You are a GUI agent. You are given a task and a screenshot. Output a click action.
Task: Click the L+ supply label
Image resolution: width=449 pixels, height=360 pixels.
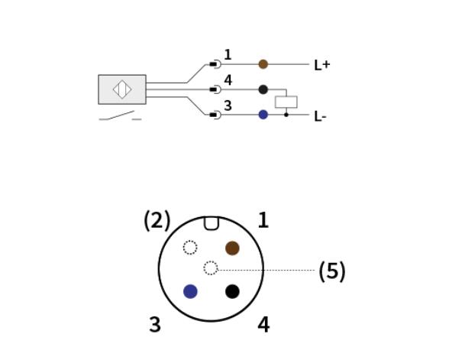coord(322,65)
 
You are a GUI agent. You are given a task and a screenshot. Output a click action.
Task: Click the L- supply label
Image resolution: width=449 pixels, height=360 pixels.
coord(320,117)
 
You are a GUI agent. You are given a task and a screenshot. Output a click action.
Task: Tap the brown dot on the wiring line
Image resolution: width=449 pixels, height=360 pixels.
coord(263,64)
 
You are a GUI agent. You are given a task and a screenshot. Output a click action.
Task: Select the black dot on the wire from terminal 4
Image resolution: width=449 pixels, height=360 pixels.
coord(263,89)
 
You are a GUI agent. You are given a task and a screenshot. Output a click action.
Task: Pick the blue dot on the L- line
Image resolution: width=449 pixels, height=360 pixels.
coord(263,115)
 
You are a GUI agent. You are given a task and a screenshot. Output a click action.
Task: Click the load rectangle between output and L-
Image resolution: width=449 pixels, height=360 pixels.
coord(286,102)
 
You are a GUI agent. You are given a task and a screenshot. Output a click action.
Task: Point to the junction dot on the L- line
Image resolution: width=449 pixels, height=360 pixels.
coord(286,115)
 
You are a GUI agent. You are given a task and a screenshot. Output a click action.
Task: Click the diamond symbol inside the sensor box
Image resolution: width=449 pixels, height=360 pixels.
coord(122,89)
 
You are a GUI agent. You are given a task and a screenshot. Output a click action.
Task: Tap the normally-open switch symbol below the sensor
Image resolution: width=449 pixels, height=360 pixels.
coord(121,116)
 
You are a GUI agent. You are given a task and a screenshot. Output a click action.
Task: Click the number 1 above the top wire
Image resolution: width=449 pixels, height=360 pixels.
coord(228,55)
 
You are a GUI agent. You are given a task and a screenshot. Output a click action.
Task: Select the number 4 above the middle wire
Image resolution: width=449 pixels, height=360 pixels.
coord(228,80)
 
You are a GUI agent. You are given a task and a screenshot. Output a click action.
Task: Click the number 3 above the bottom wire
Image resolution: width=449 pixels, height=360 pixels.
coord(228,105)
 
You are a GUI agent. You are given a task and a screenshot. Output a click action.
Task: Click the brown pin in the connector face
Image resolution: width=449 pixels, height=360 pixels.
coord(232,248)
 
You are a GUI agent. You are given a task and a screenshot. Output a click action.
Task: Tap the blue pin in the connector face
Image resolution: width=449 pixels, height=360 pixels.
coord(190,291)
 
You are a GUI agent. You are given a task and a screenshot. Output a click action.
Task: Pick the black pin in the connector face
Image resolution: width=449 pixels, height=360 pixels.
coord(232,291)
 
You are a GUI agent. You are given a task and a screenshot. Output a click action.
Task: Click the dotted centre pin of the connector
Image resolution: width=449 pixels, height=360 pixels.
coord(211,268)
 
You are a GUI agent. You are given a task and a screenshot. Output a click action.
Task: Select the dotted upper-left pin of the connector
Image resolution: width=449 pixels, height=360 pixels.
coord(190,248)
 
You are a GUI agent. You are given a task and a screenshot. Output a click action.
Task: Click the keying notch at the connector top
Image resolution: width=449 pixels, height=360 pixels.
coord(212,223)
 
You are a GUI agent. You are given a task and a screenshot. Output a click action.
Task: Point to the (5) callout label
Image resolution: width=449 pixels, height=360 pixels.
coord(332,271)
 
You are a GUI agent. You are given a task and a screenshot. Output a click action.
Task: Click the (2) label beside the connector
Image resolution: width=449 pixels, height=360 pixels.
coord(157,220)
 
